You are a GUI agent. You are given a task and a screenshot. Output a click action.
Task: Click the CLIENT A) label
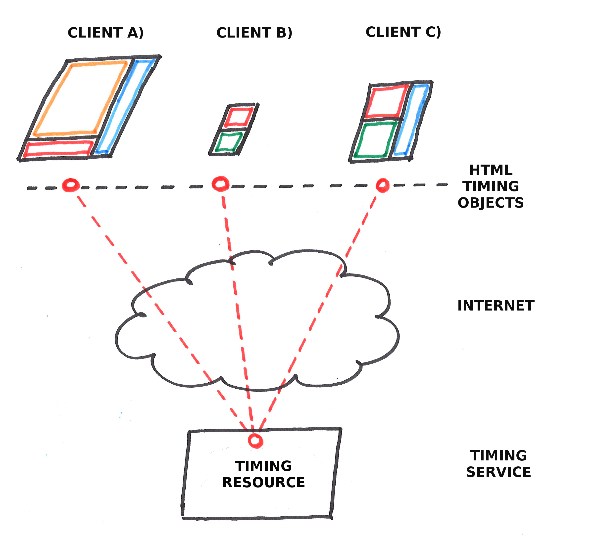105,33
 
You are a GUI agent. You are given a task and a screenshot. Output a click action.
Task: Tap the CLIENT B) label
254,33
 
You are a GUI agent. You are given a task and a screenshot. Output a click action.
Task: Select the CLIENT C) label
403,32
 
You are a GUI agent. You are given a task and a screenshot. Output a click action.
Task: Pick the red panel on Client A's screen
58,149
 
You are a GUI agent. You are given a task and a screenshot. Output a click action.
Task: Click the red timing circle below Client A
71,185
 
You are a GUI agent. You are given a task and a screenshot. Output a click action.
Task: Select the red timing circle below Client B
220,184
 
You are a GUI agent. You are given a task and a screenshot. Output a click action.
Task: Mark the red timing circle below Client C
383,185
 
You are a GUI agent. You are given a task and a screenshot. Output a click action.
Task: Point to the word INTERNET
496,306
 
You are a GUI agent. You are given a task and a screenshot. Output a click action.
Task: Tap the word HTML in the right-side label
491,170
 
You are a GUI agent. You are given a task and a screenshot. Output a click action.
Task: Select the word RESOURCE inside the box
263,482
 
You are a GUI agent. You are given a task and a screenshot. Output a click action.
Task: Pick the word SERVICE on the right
498,472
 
